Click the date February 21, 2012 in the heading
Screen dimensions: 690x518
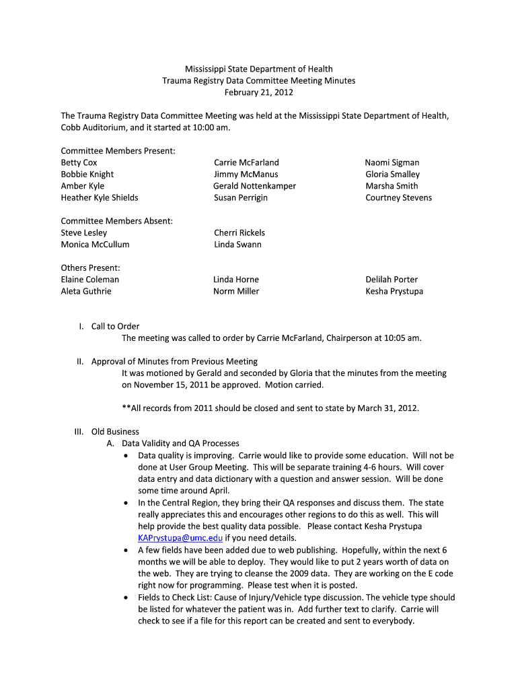pos(259,92)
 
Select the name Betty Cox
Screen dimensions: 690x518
pos(79,162)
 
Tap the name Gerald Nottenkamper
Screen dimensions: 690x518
pos(254,186)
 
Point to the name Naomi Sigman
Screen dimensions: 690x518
pos(392,162)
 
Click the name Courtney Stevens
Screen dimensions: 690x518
pos(398,197)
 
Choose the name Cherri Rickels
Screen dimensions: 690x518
pos(239,232)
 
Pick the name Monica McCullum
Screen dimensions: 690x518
pos(95,245)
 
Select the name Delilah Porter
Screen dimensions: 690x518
pos(392,280)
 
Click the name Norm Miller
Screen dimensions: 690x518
pos(236,291)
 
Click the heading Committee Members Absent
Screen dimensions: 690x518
pos(117,221)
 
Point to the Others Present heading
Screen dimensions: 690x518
pos(90,268)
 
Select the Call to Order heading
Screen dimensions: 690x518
pos(115,326)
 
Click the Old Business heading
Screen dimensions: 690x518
pos(115,431)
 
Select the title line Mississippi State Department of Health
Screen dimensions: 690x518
pos(259,69)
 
